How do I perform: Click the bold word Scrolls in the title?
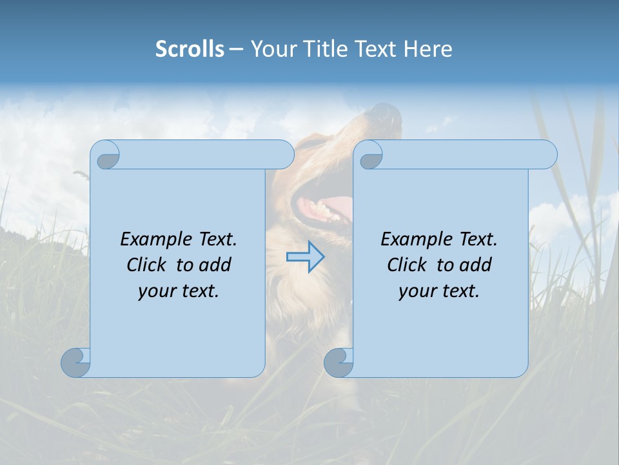click(190, 48)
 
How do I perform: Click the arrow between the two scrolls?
click(305, 257)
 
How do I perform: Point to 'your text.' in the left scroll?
click(179, 291)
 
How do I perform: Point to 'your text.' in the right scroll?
click(439, 291)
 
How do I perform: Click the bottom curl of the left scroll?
click(75, 362)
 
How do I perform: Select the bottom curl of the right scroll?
click(339, 362)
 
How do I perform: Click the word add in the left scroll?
click(215, 265)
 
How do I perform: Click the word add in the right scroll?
click(476, 265)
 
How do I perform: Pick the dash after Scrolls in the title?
click(237, 48)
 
